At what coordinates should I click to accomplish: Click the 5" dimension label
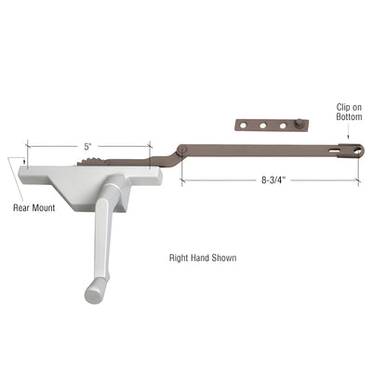point(87,145)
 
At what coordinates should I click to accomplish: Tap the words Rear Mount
point(33,206)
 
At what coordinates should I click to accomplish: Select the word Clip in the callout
point(343,107)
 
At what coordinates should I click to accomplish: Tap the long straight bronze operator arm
point(260,147)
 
